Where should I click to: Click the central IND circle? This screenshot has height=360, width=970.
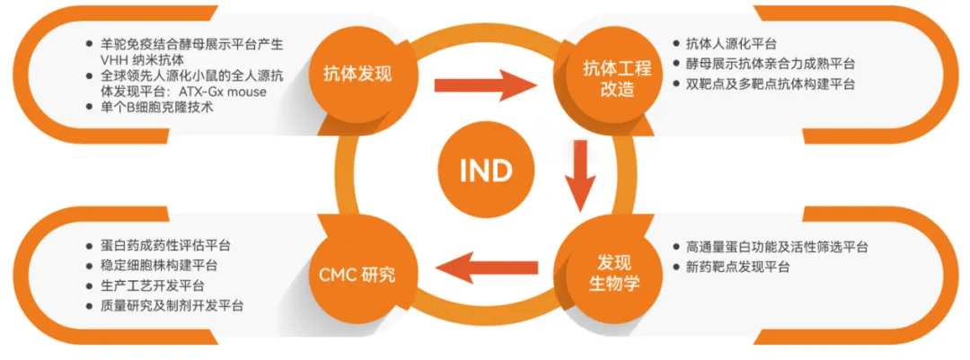point(486,171)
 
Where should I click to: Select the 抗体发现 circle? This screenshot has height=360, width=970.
point(357,74)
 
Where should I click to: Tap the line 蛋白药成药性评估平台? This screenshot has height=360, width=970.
point(160,244)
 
